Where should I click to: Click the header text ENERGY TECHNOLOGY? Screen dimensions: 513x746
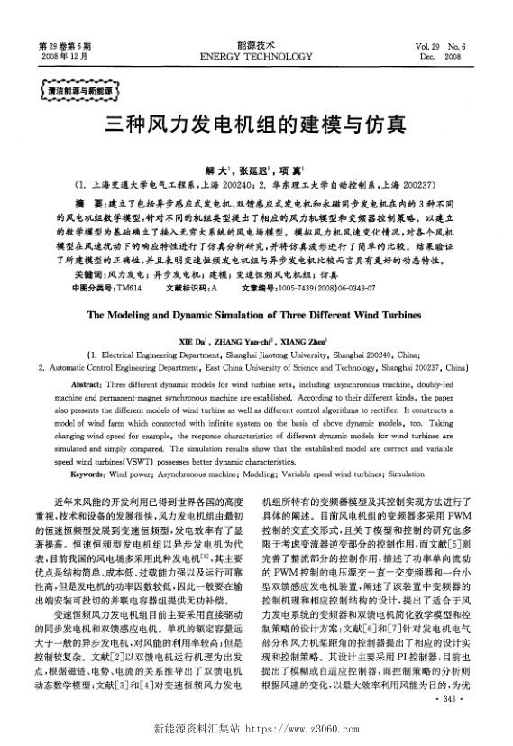click(255, 55)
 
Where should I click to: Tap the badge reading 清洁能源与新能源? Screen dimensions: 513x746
click(74, 91)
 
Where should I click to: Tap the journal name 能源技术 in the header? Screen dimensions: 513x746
click(255, 43)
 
